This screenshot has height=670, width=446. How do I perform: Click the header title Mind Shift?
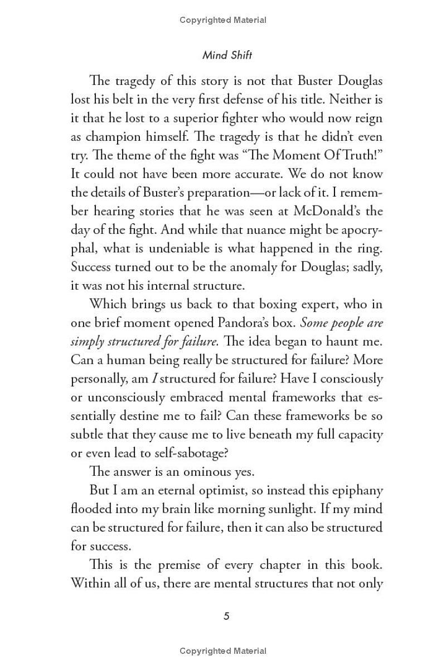[227, 55]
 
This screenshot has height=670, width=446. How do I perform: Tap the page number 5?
[226, 616]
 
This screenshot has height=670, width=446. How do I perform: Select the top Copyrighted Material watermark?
[223, 20]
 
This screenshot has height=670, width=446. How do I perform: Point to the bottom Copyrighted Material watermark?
[223, 650]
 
